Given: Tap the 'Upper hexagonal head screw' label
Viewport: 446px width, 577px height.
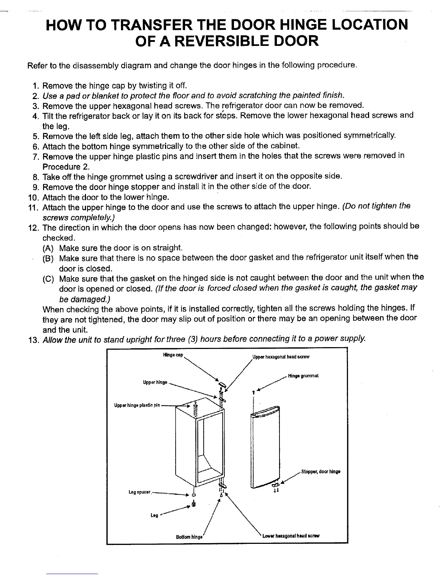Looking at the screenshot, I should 281,357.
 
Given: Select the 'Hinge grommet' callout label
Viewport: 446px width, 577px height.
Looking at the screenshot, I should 303,376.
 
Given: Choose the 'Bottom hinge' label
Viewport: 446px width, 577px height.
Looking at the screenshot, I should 189,537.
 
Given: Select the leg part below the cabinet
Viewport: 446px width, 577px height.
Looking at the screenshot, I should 194,505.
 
